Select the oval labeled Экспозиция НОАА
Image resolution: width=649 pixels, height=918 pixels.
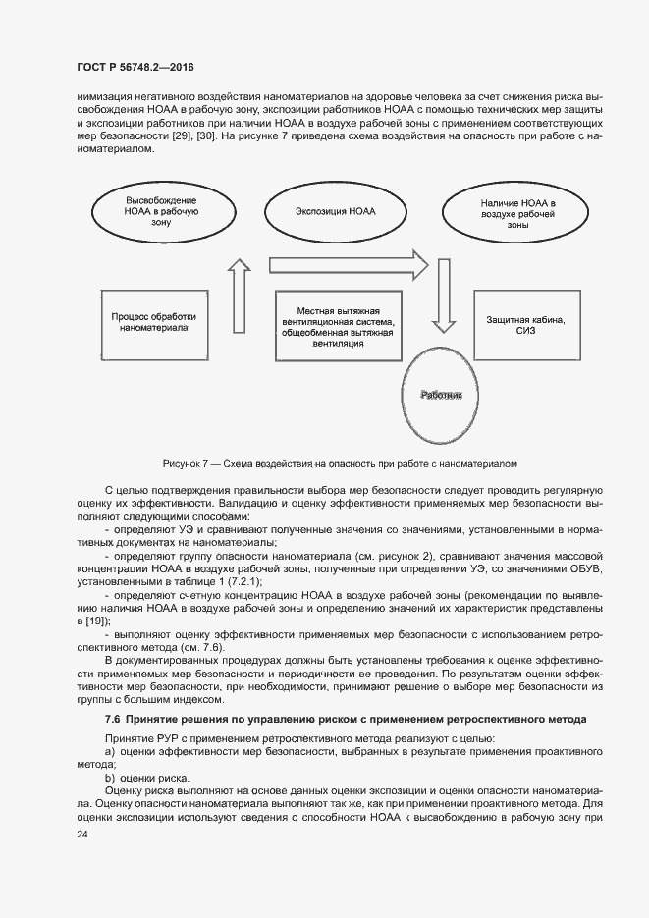tap(335, 211)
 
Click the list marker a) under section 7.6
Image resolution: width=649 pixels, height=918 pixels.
tap(110, 751)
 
